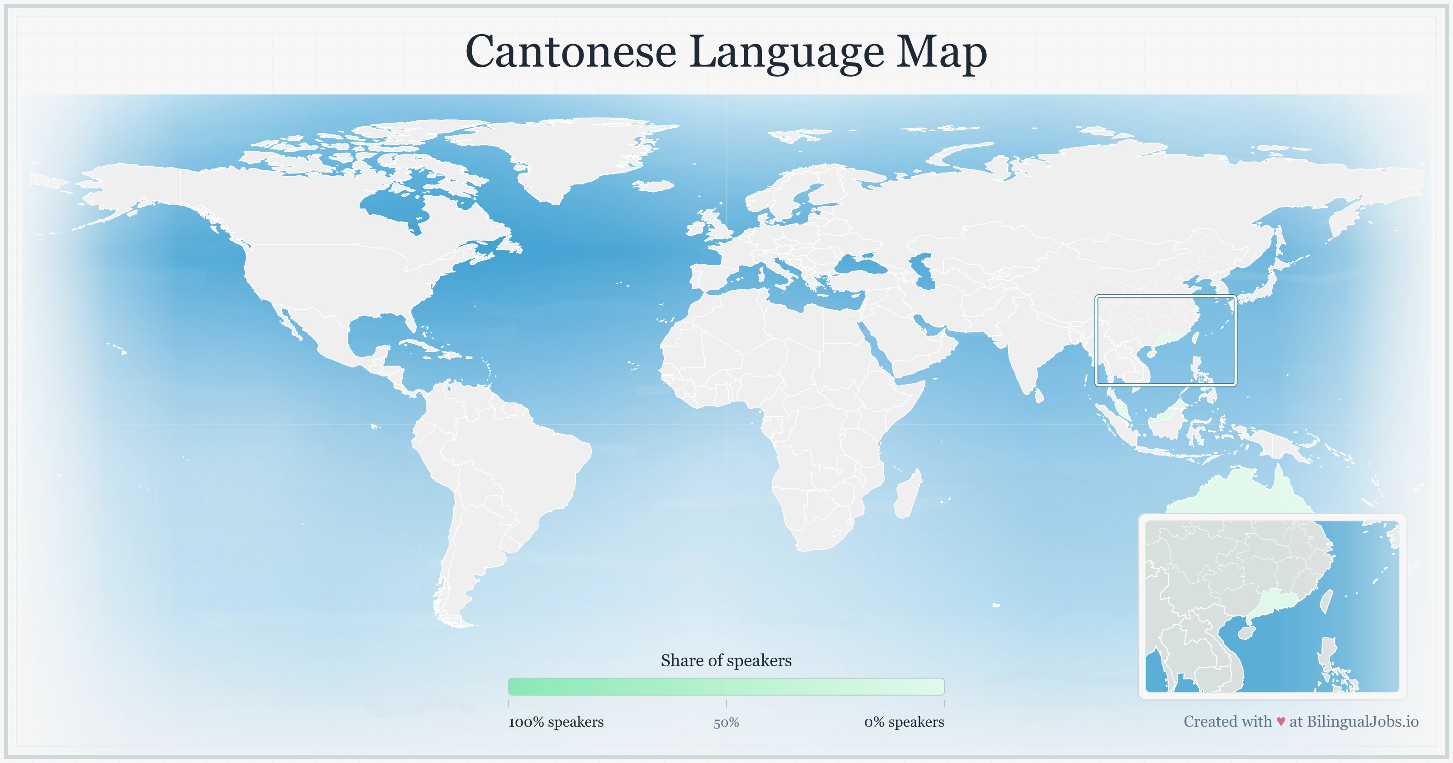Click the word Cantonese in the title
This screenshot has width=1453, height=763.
coord(570,52)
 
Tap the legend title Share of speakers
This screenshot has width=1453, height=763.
coord(726,660)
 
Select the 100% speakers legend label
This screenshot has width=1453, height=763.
coord(556,722)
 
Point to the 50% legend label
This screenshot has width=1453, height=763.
coord(726,723)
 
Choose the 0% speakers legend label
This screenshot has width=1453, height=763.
coord(904,722)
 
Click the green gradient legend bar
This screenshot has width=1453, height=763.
coord(726,687)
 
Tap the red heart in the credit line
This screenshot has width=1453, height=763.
coord(1280,722)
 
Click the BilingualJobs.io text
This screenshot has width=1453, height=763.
coord(1362,721)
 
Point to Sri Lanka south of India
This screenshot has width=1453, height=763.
coord(1039,395)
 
